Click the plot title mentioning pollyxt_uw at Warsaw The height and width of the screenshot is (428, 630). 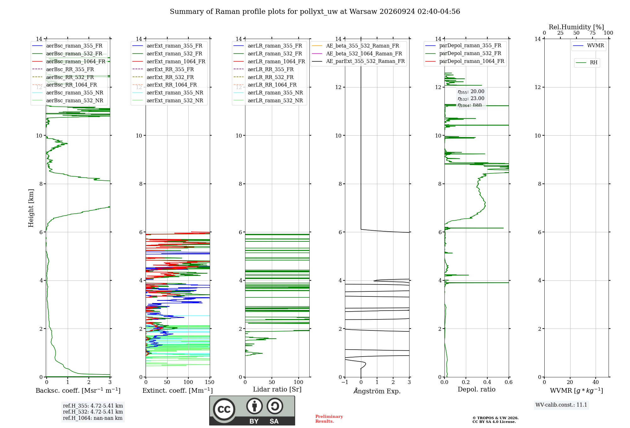[x=315, y=12]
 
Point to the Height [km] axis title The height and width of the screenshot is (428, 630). [x=31, y=208]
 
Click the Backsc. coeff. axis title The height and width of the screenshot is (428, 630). [x=78, y=391]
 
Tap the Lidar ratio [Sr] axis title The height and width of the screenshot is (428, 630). [x=277, y=390]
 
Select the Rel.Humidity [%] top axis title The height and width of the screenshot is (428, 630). [x=576, y=27]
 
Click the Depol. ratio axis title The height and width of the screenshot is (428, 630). [x=477, y=389]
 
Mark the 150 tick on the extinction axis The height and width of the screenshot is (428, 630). [x=210, y=382]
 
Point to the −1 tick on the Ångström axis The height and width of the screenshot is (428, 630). [x=345, y=382]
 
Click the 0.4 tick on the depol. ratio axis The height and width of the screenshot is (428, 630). [x=487, y=382]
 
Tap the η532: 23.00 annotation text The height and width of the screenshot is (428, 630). [x=471, y=99]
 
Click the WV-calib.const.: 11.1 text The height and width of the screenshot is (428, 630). [x=561, y=405]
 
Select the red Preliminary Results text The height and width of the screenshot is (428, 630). [x=329, y=419]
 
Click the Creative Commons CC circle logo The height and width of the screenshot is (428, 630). [x=224, y=409]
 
